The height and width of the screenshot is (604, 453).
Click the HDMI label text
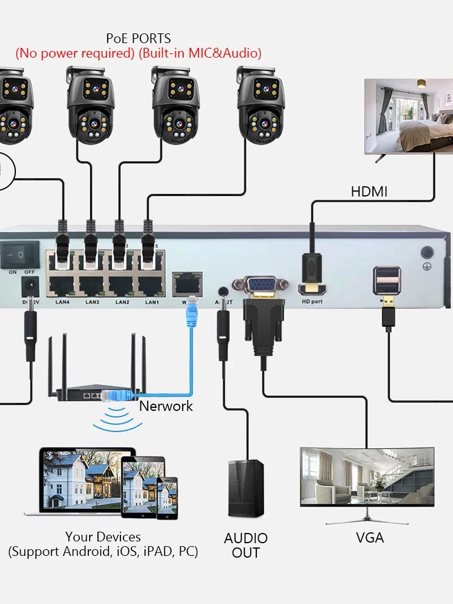[x=369, y=192]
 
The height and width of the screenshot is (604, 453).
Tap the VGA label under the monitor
[x=370, y=538]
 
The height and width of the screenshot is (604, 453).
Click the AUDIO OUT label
[x=246, y=545]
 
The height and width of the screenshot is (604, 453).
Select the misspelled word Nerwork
[x=166, y=406]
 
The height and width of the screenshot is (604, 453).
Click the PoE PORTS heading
[x=138, y=39]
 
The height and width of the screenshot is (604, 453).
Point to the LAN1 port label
[x=152, y=302]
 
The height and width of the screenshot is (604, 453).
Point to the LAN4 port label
[x=62, y=302]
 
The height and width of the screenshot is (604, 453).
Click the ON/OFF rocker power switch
[x=20, y=254]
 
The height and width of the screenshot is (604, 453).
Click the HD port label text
[x=312, y=302]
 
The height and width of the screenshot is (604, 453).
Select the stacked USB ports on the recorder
[x=386, y=280]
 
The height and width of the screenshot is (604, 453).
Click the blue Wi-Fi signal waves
[x=118, y=419]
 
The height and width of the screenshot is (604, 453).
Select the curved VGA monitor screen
[x=367, y=477]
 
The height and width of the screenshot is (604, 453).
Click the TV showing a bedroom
[x=408, y=115]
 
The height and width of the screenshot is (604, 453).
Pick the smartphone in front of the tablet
[x=167, y=498]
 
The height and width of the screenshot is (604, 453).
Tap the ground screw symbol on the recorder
[x=427, y=267]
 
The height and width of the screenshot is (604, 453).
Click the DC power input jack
[x=30, y=286]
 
